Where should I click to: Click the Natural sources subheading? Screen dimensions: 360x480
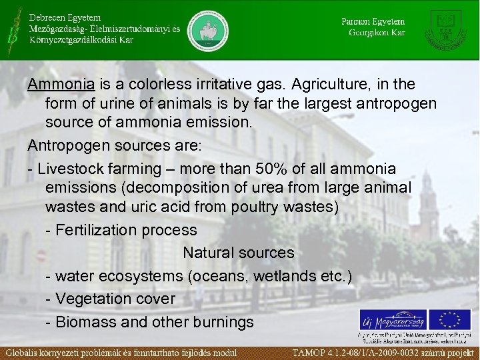[x=238, y=253]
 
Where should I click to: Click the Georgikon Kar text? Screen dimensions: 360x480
[x=377, y=32]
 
